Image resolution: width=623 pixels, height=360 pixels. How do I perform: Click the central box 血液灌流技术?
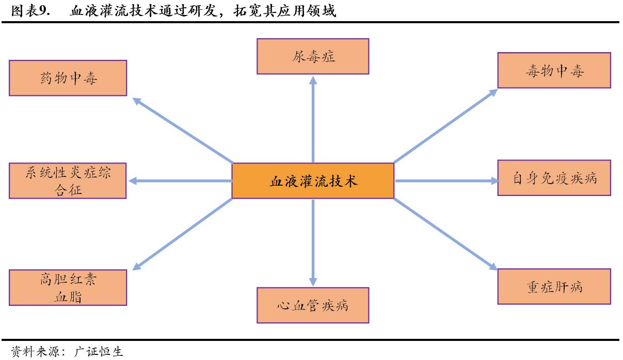click(x=313, y=181)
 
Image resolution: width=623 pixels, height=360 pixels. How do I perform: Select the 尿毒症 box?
click(x=313, y=56)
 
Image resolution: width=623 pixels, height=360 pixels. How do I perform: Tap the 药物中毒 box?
click(x=68, y=78)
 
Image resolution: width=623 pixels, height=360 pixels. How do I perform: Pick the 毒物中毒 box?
click(x=554, y=70)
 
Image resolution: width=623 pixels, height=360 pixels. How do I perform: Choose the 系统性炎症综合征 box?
click(x=68, y=181)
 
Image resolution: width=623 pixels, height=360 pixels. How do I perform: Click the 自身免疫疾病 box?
click(x=554, y=178)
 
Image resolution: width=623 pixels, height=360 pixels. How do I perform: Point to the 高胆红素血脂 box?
click(x=68, y=287)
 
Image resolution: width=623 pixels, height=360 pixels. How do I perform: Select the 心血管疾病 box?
click(x=313, y=305)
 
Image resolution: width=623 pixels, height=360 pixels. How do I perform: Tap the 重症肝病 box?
click(x=554, y=286)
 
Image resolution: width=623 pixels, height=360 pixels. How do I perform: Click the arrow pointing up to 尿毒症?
click(x=313, y=119)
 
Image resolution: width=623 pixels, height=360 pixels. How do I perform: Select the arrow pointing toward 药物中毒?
click(x=183, y=129)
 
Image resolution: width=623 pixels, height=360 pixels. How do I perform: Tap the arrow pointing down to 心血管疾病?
click(x=313, y=242)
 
